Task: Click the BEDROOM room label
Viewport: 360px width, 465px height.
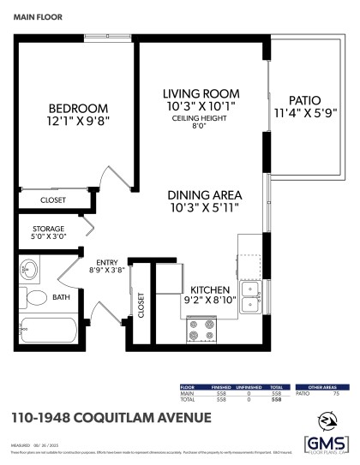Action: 78,109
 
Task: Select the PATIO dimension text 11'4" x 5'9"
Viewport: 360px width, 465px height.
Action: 304,112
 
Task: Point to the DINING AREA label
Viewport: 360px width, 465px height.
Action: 202,194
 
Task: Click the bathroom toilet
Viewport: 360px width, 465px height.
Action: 36,299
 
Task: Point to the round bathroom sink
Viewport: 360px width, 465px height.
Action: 30,272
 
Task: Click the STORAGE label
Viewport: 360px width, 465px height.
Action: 49,229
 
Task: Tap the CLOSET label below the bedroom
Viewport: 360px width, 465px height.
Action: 53,200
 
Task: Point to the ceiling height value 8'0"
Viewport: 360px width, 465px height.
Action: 201,128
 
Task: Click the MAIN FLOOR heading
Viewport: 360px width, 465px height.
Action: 36,15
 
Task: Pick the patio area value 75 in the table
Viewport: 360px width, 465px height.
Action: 335,394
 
